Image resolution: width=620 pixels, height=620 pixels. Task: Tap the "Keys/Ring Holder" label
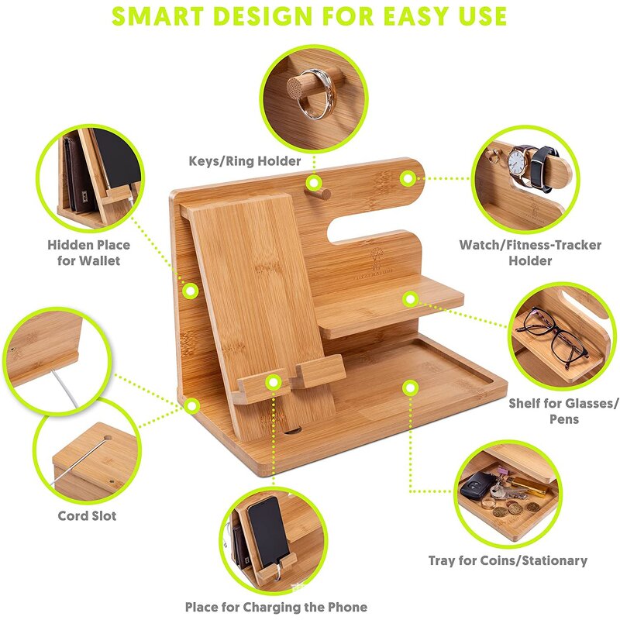245,161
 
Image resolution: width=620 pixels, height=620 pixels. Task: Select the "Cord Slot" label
87,515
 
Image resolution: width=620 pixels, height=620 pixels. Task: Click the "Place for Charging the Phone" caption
276,607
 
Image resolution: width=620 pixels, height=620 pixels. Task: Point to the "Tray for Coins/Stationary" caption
508,560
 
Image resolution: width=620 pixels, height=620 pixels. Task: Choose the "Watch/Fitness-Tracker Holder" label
530,253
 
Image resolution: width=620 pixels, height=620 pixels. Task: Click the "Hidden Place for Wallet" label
88,253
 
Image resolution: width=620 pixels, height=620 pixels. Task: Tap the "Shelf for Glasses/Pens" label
563,412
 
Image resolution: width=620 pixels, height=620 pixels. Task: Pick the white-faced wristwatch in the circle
517,163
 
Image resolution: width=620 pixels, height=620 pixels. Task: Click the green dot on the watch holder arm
408,178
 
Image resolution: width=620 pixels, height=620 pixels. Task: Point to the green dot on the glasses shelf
411,297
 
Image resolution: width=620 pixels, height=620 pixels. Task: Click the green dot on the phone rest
273,381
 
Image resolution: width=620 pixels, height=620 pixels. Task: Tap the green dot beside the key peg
314,184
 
